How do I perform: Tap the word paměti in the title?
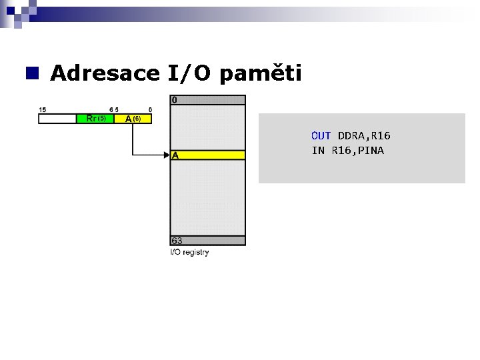[261, 73]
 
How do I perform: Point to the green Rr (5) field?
[95, 119]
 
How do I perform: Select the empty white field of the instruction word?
[57, 119]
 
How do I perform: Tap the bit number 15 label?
[43, 109]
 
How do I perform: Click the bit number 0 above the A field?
[150, 109]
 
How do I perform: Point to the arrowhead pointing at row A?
[167, 155]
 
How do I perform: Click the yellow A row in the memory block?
[208, 155]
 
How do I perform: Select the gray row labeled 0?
[208, 100]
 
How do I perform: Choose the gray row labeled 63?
[208, 241]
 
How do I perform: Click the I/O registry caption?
[190, 252]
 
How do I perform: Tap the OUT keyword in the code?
[321, 136]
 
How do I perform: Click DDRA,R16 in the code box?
[364, 136]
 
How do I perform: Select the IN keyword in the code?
[317, 151]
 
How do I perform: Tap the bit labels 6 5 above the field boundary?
[114, 109]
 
